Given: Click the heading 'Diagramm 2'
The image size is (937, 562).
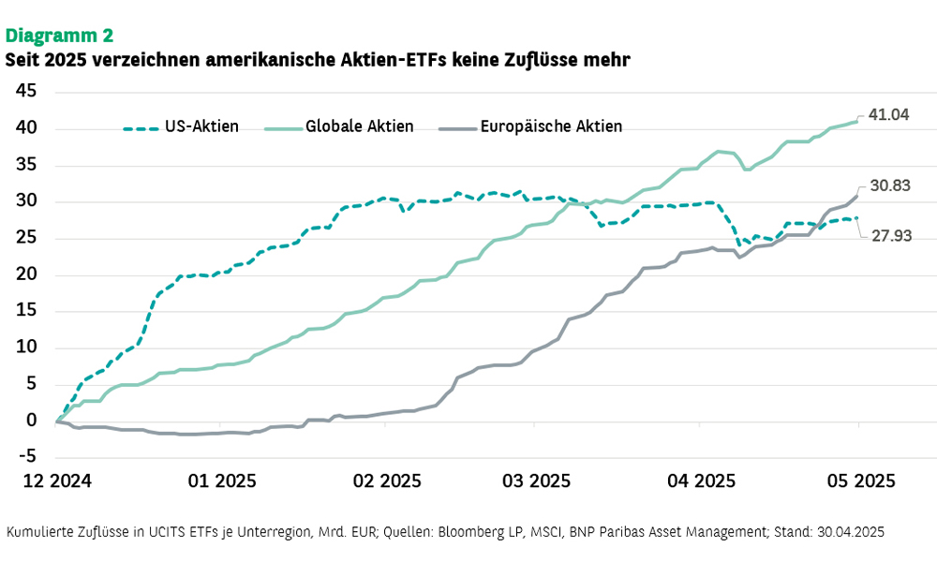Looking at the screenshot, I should (x=60, y=36).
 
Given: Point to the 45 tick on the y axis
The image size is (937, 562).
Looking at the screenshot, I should (x=26, y=92).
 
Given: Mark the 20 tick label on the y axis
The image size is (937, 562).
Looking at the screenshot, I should (x=26, y=274).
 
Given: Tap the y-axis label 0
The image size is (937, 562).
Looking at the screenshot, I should (x=31, y=421).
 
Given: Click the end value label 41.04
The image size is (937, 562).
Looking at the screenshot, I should (x=890, y=114).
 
